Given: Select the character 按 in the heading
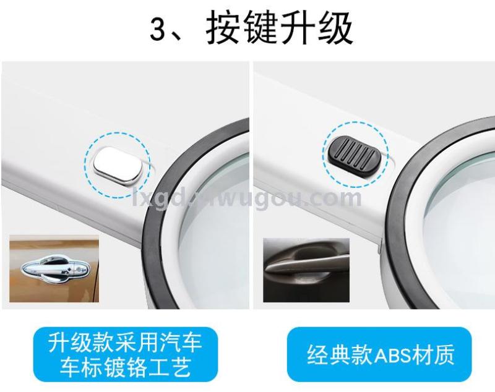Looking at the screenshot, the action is [x=223, y=28].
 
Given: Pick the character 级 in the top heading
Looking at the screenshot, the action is [x=335, y=28].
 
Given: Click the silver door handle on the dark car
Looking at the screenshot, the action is [x=307, y=264].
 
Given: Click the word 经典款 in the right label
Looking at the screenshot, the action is [x=340, y=355].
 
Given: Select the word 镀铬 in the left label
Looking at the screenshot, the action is [x=126, y=367].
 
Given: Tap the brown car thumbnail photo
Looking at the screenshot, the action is [x=54, y=268].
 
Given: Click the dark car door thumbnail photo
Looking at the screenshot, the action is [x=306, y=270].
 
